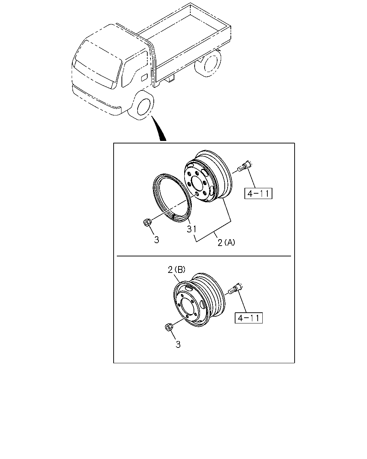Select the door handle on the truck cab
pyautogui.click(x=144, y=77)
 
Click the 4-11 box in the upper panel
pyautogui.click(x=258, y=193)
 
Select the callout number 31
pyautogui.click(x=191, y=229)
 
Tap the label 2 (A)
pyautogui.click(x=226, y=242)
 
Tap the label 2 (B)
pyautogui.click(x=177, y=270)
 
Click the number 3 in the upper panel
pyautogui.click(x=157, y=240)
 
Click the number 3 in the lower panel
pyautogui.click(x=178, y=345)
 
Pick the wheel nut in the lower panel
pyautogui.click(x=169, y=327)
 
